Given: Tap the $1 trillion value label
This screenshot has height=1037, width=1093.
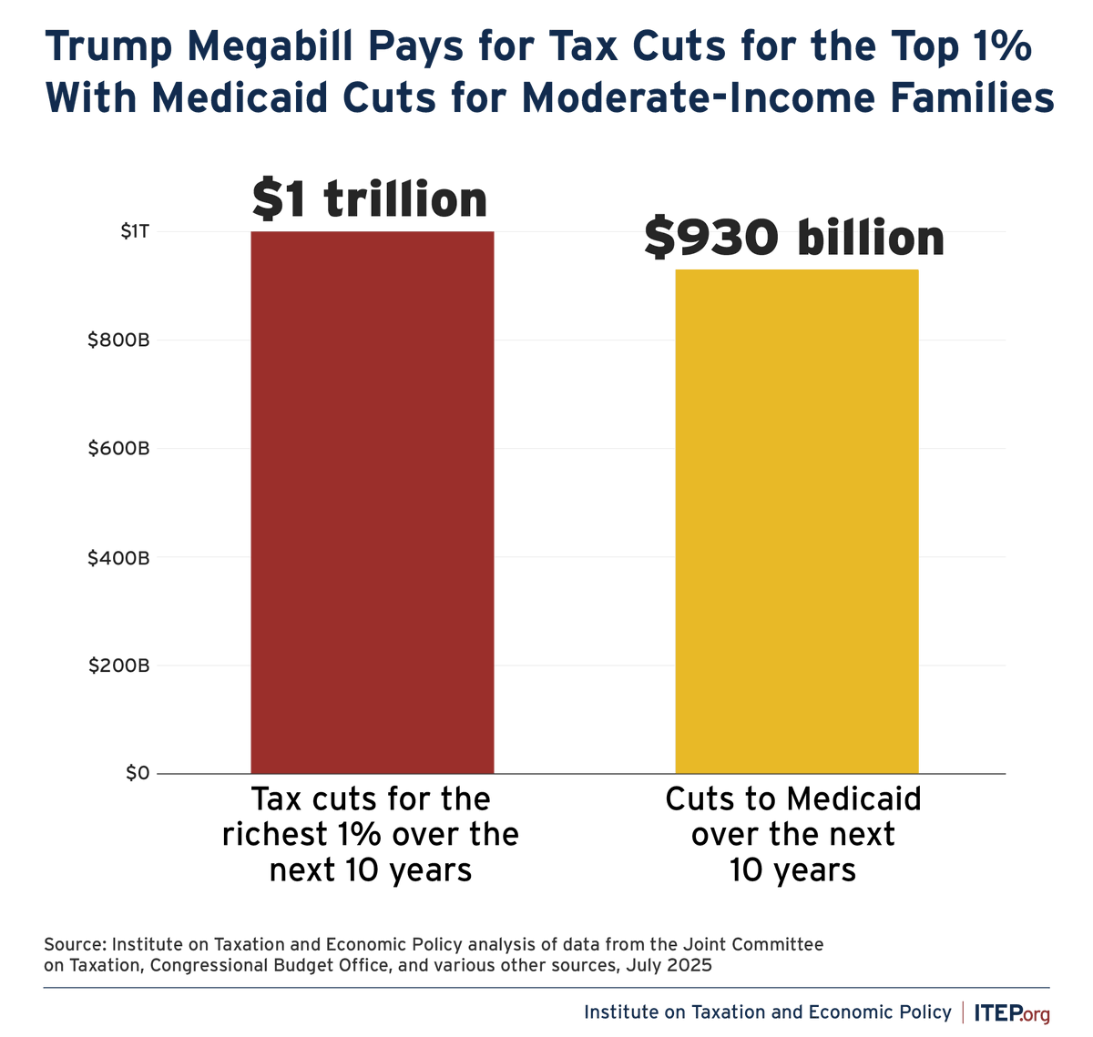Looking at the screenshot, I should [x=370, y=200].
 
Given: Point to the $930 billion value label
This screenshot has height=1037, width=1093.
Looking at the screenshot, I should [x=794, y=239].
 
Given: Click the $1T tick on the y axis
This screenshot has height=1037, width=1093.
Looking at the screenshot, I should [x=135, y=232].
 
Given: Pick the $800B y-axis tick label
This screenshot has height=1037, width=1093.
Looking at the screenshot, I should [x=118, y=341].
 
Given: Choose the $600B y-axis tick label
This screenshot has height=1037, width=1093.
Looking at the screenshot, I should [x=118, y=449].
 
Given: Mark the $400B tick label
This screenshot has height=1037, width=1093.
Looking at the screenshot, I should [x=118, y=557].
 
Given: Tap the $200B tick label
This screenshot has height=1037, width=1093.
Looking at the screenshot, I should [x=118, y=666].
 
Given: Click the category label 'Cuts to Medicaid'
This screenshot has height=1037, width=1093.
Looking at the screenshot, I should [x=793, y=799].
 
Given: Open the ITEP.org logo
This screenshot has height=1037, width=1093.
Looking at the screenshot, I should [x=1011, y=1012].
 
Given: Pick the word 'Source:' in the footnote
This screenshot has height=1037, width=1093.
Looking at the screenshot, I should [x=75, y=945].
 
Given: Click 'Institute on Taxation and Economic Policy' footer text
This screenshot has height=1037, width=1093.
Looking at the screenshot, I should [x=767, y=1012].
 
